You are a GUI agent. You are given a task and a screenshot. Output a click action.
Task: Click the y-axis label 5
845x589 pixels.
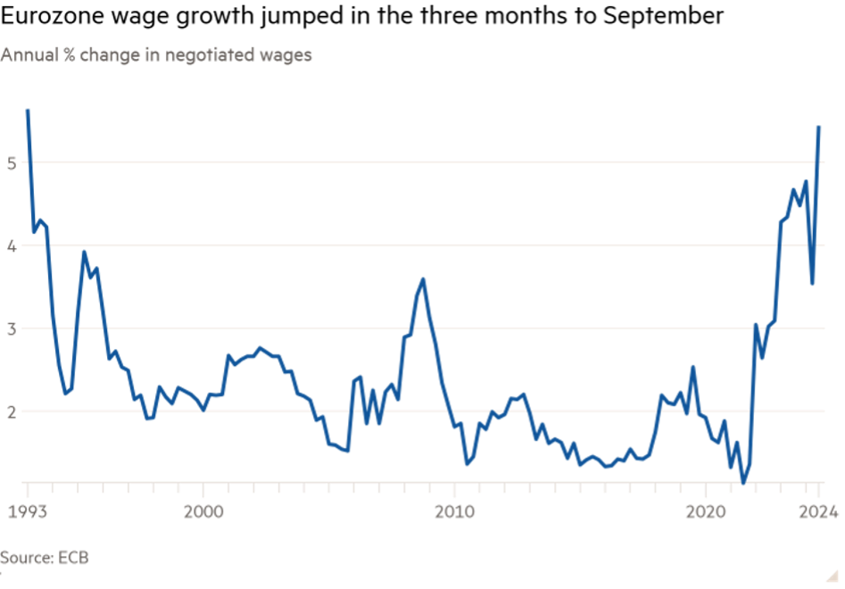point(11,162)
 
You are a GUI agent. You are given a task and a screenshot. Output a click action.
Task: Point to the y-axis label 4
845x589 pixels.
point(11,245)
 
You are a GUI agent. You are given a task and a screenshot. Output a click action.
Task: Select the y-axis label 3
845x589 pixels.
point(11,328)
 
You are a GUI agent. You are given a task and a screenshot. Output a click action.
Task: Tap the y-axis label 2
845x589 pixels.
point(11,411)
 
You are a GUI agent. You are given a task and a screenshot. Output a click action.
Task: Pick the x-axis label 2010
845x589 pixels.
point(455,512)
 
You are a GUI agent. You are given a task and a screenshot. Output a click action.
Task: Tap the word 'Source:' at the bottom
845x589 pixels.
point(27,558)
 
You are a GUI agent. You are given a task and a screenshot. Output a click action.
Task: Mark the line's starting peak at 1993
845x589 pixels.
point(28,110)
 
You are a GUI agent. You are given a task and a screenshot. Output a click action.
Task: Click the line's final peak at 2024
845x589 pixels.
point(819,127)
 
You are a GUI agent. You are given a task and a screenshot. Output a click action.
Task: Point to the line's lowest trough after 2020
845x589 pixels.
point(742,483)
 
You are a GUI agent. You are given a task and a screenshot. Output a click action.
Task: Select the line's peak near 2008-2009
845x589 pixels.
point(422,278)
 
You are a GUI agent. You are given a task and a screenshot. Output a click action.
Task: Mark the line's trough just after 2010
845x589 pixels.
point(467,465)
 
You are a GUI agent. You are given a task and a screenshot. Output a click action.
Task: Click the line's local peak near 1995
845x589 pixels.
point(84,252)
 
